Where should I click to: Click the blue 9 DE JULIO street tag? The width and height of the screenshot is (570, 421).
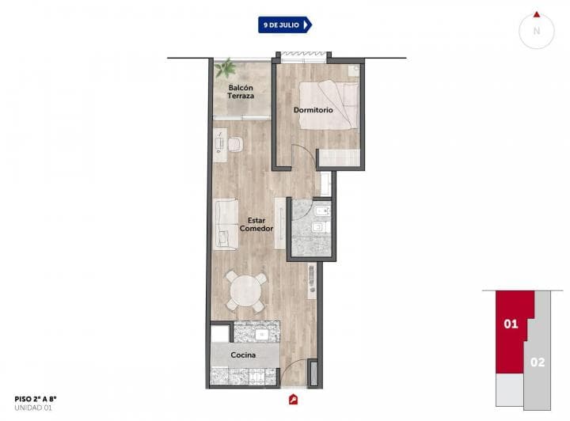point(285,25)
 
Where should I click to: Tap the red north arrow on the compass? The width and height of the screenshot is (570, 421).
point(537,15)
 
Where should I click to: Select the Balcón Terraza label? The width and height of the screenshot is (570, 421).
point(241,92)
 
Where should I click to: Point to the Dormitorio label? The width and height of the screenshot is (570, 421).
point(313,110)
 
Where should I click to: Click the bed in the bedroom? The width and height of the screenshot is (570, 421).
point(329,105)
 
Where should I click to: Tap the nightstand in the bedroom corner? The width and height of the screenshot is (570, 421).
point(354,70)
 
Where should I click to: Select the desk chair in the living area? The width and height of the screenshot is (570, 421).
point(235,144)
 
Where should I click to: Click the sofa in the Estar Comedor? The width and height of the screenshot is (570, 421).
point(226,224)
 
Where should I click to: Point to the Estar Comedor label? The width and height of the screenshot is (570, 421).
point(256,225)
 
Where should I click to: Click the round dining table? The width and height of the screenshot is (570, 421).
point(245,291)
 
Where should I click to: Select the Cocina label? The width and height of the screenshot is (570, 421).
point(243,355)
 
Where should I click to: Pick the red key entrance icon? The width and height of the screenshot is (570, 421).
point(294,400)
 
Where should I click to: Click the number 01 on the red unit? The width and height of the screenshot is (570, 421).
point(511,324)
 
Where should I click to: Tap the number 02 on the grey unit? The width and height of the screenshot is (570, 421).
point(538,362)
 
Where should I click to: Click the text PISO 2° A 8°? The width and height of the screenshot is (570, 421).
point(36,399)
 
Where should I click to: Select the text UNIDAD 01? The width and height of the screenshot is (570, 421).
point(33,408)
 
